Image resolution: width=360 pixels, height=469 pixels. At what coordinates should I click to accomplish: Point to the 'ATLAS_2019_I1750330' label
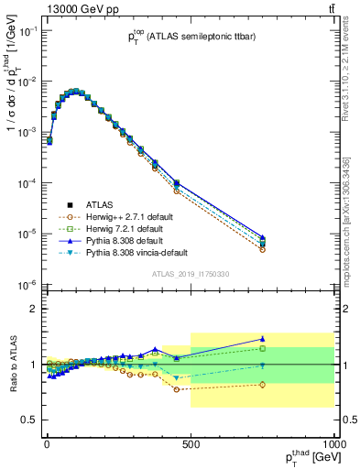(x=190, y=274)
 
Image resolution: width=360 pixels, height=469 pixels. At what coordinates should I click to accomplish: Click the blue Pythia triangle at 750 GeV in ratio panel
(x=262, y=339)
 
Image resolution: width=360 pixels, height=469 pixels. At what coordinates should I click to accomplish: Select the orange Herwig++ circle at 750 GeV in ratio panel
(x=262, y=384)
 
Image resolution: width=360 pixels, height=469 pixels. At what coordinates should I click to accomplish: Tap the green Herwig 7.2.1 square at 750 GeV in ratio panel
(x=262, y=348)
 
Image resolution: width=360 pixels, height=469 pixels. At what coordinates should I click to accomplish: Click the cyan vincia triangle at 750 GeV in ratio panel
(x=262, y=365)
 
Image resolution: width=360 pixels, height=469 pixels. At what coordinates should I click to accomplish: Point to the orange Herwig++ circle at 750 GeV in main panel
(x=262, y=249)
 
